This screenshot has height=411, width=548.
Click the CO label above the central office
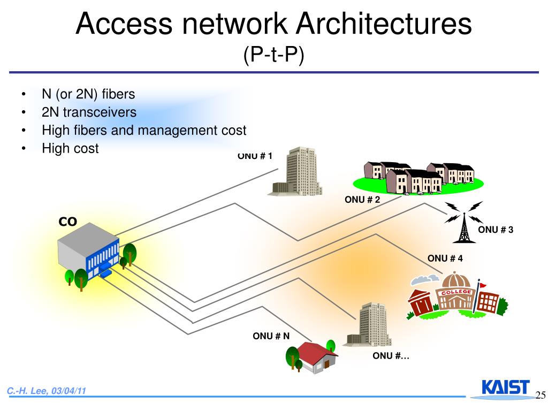click(x=68, y=222)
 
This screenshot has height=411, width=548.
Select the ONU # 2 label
click(x=362, y=200)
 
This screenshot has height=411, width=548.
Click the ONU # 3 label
click(x=496, y=230)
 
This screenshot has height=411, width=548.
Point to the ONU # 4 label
click(x=445, y=258)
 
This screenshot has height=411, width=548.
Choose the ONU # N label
click(x=271, y=336)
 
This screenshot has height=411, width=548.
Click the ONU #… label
click(x=391, y=356)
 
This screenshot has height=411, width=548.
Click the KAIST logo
click(x=505, y=388)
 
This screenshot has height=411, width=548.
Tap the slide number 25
click(x=540, y=395)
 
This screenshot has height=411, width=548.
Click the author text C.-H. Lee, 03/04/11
click(x=47, y=391)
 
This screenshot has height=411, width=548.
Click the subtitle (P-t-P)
click(x=273, y=54)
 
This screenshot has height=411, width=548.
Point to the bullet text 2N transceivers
click(x=89, y=112)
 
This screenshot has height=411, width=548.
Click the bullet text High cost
click(x=70, y=148)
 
